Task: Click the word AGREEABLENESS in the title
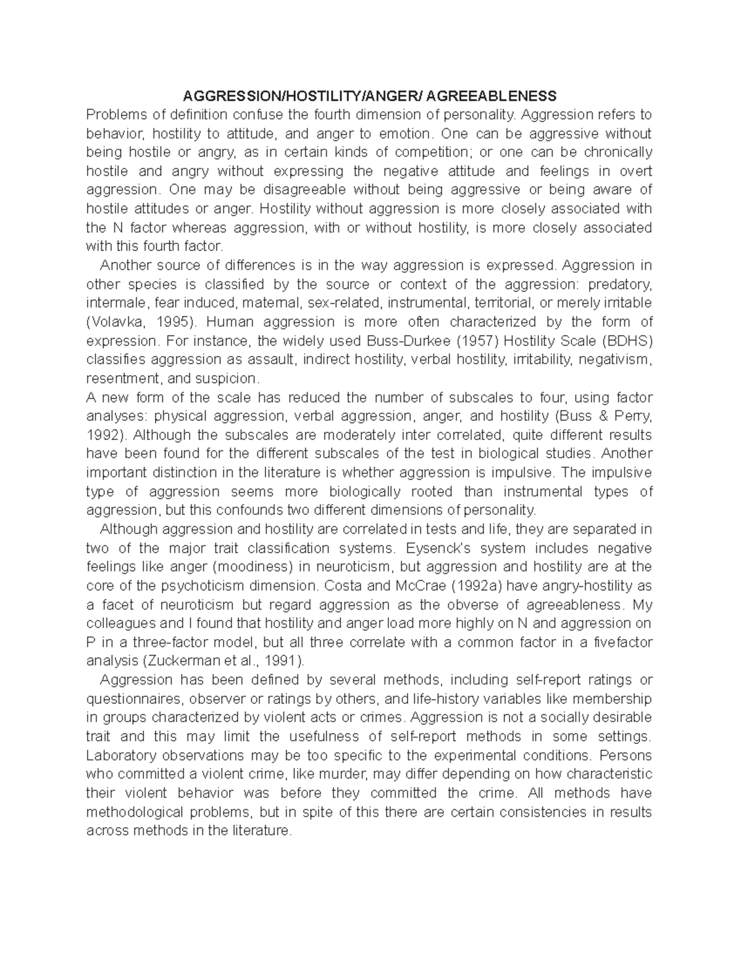click(x=491, y=96)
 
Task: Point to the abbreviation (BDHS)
click(x=627, y=341)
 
